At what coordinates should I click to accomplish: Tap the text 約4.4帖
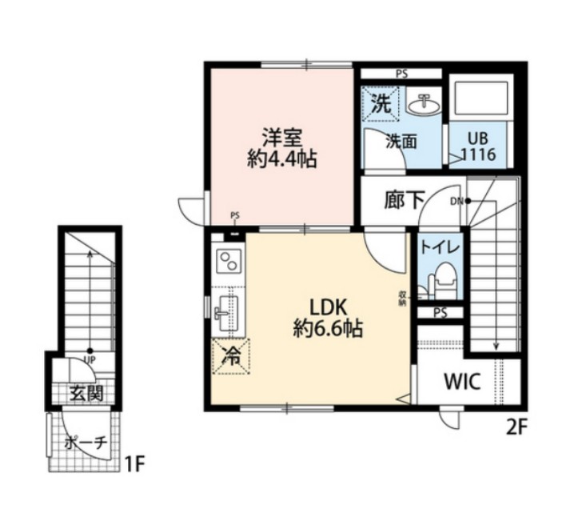pyautogui.click(x=282, y=158)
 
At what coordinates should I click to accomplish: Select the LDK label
pyautogui.click(x=329, y=305)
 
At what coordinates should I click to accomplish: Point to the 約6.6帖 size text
pyautogui.click(x=329, y=327)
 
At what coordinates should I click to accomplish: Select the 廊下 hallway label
pyautogui.click(x=403, y=200)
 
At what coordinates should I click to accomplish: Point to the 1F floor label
pyautogui.click(x=136, y=463)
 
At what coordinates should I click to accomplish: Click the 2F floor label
pyautogui.click(x=517, y=426)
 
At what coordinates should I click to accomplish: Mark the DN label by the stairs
pyautogui.click(x=456, y=201)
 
